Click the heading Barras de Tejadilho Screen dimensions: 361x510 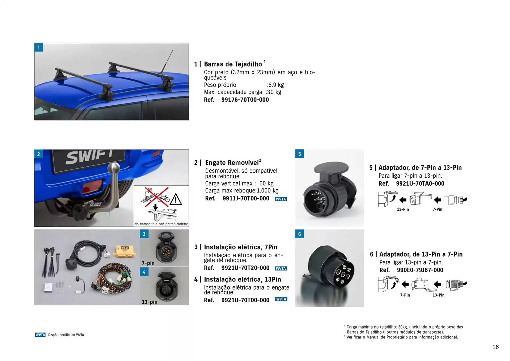point(233,64)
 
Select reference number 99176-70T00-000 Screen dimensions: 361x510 point(245,100)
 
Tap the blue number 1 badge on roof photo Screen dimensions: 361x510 point(39,48)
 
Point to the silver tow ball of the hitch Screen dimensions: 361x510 point(114,168)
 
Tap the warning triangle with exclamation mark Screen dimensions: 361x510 point(176,200)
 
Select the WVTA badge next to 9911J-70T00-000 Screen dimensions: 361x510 point(281,199)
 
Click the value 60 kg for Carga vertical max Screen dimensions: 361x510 point(266,184)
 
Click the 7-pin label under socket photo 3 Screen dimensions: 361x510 point(148,263)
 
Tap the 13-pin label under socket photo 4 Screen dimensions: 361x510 point(149,302)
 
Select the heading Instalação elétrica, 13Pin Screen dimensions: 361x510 point(242,279)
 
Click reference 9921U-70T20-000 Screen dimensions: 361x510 point(245,268)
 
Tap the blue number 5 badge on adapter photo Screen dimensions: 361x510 point(300,154)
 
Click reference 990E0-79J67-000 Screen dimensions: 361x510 point(420,270)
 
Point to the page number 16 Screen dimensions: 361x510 point(495,347)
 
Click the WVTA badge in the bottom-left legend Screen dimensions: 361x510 point(40,335)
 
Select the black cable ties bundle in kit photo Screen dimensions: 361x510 point(51,262)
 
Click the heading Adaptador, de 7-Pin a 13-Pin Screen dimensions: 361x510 point(420,168)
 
